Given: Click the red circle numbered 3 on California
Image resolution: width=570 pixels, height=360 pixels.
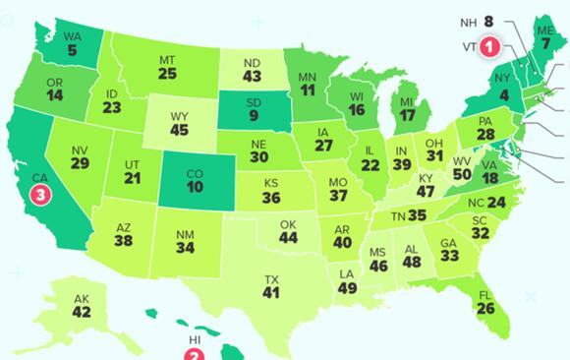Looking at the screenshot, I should [39, 195].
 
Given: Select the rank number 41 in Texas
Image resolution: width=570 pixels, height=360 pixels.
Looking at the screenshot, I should [271, 293].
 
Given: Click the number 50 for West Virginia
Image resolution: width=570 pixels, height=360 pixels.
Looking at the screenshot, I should [433, 173].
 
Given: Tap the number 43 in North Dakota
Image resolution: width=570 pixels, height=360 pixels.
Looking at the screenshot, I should [252, 75].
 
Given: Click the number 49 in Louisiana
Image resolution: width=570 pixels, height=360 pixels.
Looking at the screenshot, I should [346, 287].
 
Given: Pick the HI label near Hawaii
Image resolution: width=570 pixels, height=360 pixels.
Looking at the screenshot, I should [195, 340].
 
